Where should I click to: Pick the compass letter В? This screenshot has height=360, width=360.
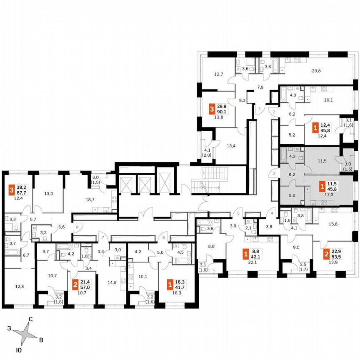[x=40, y=341]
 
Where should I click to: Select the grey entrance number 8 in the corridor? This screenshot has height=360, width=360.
[x=77, y=227]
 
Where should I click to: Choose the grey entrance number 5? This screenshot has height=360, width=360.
[x=239, y=214]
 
